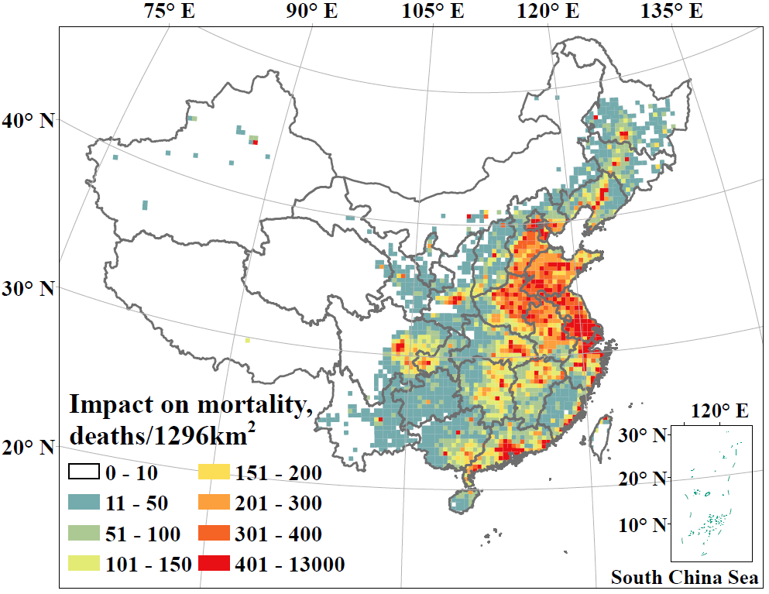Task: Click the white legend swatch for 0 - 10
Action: tap(84, 472)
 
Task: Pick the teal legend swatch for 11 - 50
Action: tap(84, 503)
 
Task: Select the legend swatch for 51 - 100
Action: tap(84, 534)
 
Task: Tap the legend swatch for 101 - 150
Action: tap(84, 564)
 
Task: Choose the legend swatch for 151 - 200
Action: tap(215, 472)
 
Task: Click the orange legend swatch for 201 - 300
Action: tap(215, 503)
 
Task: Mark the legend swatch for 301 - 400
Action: tap(215, 534)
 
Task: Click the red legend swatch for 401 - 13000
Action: tap(215, 564)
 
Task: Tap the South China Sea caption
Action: tap(684, 578)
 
